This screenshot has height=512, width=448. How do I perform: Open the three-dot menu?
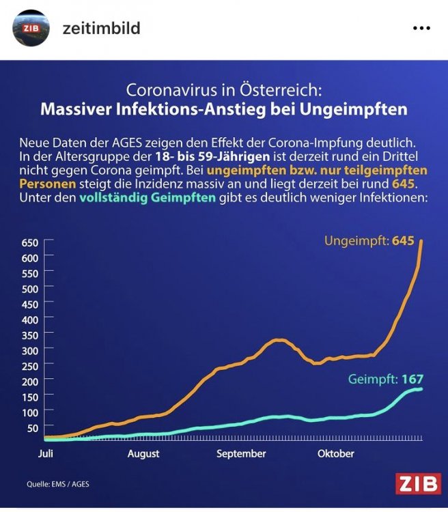422,28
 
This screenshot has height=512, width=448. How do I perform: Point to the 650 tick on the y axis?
30,242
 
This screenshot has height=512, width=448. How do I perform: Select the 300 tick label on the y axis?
30,350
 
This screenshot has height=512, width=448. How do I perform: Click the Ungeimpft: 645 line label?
369,241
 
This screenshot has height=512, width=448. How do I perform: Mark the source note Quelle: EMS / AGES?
58,485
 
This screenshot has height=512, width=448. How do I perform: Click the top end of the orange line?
421,241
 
